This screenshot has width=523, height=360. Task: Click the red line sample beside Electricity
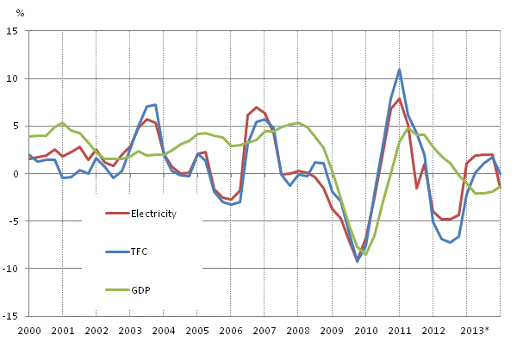(118, 214)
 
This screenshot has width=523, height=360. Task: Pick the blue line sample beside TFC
(118, 252)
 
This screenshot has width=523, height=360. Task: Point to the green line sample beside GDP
(118, 291)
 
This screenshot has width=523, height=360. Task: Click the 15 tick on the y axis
(15, 31)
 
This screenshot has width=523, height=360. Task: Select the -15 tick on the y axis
(13, 316)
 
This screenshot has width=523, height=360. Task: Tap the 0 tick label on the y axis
(17, 174)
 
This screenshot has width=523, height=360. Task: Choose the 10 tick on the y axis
(15, 78)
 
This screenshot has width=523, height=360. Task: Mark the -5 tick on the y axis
(16, 221)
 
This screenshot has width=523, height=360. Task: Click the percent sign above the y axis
(20, 13)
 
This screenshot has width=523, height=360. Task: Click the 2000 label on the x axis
(29, 331)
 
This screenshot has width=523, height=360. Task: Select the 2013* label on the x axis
(474, 331)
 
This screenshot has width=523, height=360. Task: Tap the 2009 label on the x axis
(332, 331)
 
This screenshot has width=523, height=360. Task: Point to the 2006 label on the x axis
(231, 331)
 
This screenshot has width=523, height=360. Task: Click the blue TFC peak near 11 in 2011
(400, 70)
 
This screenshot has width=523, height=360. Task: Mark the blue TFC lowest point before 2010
(358, 261)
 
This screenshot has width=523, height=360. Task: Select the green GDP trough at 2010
(365, 254)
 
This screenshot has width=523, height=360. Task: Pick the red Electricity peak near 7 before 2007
(257, 108)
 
